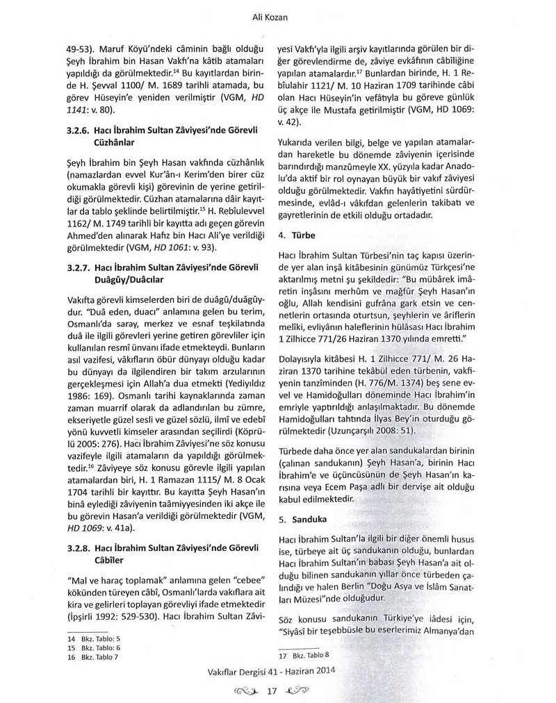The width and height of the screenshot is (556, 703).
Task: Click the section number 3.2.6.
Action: (80, 129)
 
